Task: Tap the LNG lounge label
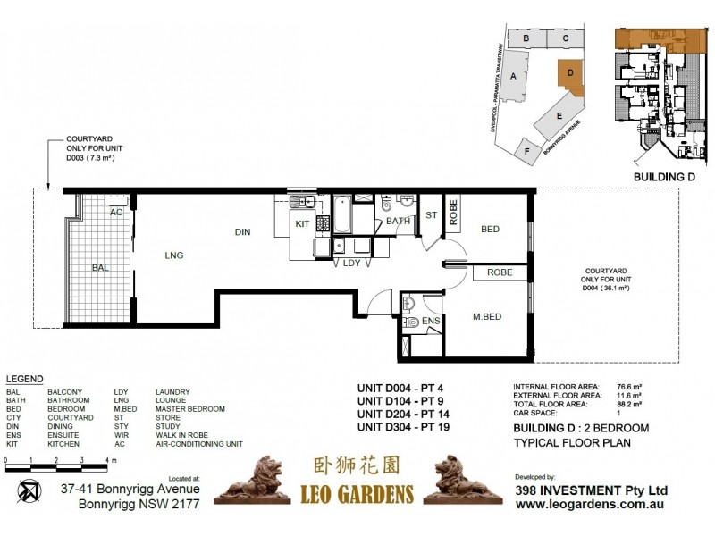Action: tap(173, 255)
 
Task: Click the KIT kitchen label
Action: tap(302, 224)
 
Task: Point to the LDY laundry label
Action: tap(351, 264)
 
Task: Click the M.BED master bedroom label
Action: tap(487, 317)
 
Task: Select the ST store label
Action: tap(431, 214)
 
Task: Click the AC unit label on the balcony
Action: tap(115, 213)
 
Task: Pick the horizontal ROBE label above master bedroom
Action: tap(499, 272)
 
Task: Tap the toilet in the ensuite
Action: tap(410, 320)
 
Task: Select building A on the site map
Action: tap(513, 77)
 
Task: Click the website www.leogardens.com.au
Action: tap(592, 505)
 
